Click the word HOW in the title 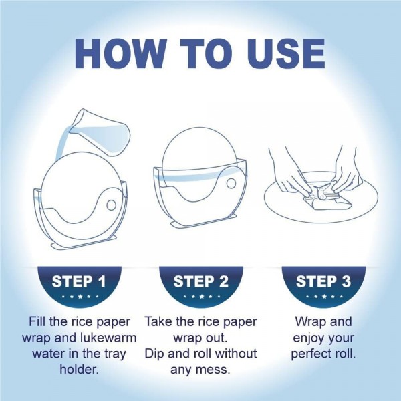click(121, 53)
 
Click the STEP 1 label click(79, 281)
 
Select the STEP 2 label click(200, 281)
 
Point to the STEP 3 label click(323, 281)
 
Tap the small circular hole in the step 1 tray click(111, 205)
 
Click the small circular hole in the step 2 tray click(231, 183)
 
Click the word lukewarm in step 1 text click(108, 338)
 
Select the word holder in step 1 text click(80, 370)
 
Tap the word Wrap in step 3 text click(309, 321)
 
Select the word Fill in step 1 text click(38, 321)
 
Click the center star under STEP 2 click(202, 297)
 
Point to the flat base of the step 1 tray click(84, 243)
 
